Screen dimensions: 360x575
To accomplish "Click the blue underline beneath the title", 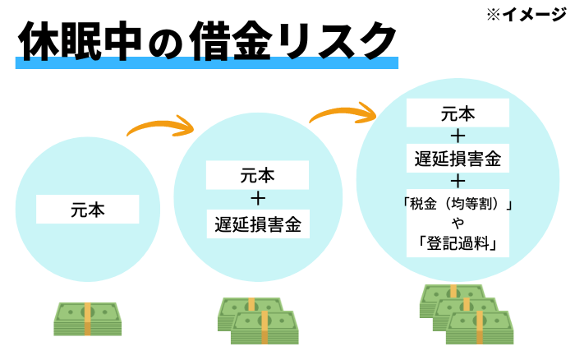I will pos(205,62).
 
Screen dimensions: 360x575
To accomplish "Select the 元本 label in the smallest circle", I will pos(87,210).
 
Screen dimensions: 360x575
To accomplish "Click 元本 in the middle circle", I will pos(257,175).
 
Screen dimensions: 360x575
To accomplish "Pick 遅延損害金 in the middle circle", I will pos(257,223).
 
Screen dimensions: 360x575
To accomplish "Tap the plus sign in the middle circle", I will pos(257,198).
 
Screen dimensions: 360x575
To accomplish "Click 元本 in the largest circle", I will pos(458,112).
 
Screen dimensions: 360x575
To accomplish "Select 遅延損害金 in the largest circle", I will pos(458,156).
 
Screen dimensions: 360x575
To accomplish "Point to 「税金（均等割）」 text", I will pos(458,203).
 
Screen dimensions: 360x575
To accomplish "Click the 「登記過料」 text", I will pos(458,243).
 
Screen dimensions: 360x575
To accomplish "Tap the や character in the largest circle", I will pos(458,224).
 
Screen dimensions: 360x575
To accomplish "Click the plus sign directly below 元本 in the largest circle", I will pos(458,134).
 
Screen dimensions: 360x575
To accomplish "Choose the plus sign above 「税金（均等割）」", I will pos(458,179).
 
